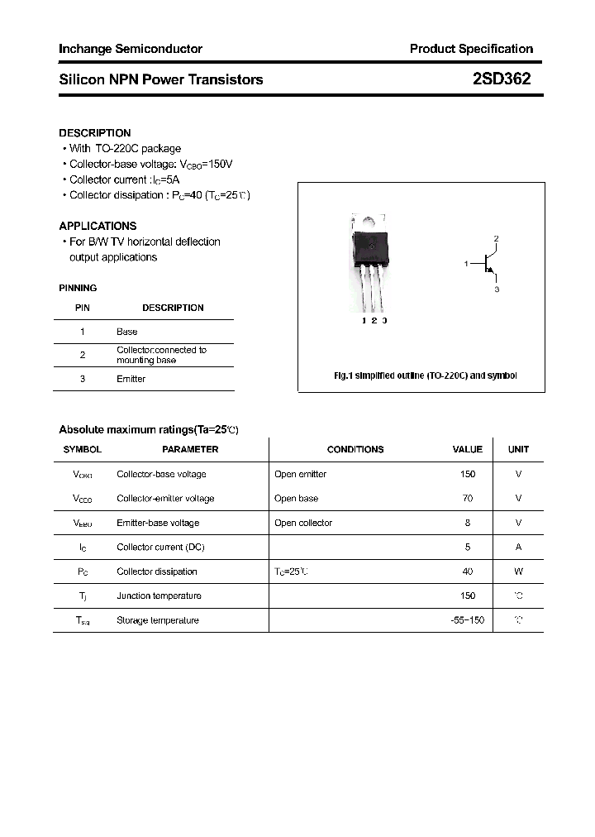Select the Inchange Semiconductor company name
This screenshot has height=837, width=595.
(131, 49)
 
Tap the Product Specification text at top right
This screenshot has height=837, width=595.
(471, 49)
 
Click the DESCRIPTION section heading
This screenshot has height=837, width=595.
(95, 133)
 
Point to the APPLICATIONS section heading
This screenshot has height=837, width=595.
(98, 226)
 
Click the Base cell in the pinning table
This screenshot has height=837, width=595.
(127, 332)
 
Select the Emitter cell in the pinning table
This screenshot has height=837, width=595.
(131, 379)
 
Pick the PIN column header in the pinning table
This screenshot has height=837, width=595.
(83, 308)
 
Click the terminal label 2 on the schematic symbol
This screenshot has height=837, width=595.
(496, 239)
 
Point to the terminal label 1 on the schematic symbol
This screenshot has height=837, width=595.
(467, 264)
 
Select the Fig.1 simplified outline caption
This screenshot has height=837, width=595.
(425, 375)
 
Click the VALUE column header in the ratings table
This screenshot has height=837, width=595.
(467, 449)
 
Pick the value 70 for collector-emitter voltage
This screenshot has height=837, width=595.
(468, 499)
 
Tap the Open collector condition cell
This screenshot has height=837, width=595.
(303, 523)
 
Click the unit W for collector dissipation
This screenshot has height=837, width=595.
(518, 572)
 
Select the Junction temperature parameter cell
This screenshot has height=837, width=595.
(159, 595)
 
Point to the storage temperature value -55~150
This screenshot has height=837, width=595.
(468, 620)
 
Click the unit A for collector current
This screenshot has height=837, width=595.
(518, 547)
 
